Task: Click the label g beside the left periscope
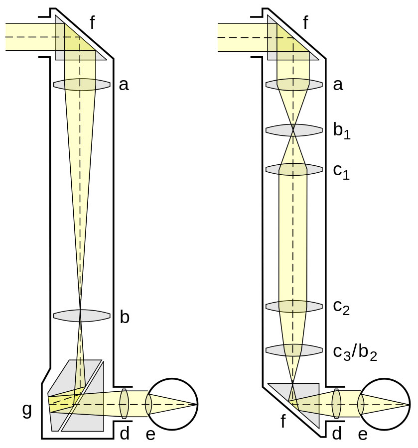pyautogui.click(x=27, y=410)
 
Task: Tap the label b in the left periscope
pyautogui.click(x=125, y=317)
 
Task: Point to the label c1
pyautogui.click(x=341, y=171)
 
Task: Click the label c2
pyautogui.click(x=341, y=308)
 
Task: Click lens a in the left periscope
pyautogui.click(x=82, y=85)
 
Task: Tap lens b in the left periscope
pyautogui.click(x=82, y=316)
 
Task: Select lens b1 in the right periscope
pyautogui.click(x=294, y=130)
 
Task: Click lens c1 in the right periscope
pyautogui.click(x=294, y=169)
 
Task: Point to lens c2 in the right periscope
pyautogui.click(x=294, y=306)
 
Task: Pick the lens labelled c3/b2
pyautogui.click(x=294, y=350)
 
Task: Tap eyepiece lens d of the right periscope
pyautogui.click(x=336, y=404)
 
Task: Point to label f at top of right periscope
pyautogui.click(x=305, y=23)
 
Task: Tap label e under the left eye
pyautogui.click(x=150, y=434)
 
